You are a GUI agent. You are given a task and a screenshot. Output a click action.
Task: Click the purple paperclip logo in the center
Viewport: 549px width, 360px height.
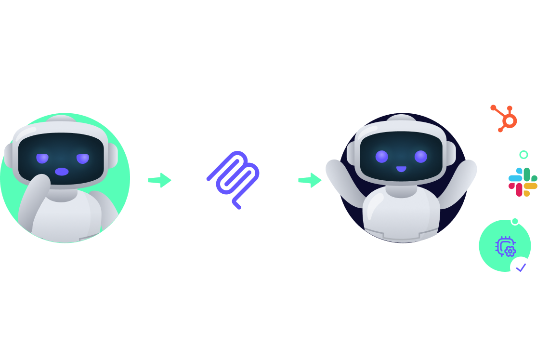[x=234, y=180]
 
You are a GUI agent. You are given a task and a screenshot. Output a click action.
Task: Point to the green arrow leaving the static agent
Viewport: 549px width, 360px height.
[x=159, y=180]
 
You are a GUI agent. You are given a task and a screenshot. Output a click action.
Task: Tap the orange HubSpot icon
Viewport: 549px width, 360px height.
[x=504, y=118]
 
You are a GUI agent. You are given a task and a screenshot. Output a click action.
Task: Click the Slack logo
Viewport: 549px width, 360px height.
[x=523, y=182]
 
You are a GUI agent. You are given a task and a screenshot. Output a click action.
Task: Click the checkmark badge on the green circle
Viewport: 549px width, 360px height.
[x=521, y=267]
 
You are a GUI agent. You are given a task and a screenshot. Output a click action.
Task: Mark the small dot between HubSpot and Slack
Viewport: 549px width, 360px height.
[x=524, y=154]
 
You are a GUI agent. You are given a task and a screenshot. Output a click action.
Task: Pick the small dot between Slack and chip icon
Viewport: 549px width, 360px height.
[x=515, y=221]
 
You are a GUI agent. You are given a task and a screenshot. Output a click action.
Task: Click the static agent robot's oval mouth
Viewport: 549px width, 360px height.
[x=62, y=171]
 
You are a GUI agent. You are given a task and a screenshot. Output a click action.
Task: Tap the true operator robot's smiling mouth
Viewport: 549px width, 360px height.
[x=401, y=169]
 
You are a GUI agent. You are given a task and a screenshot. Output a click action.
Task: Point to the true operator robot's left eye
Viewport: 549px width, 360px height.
[x=381, y=156]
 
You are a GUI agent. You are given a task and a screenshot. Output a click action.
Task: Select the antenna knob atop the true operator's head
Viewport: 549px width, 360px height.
[x=401, y=119]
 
